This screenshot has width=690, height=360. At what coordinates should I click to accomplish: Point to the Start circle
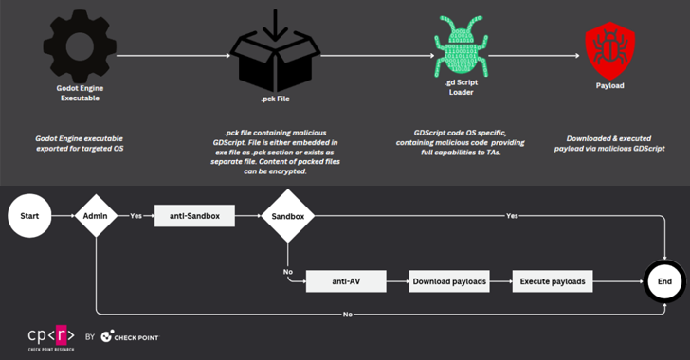(x=30, y=216)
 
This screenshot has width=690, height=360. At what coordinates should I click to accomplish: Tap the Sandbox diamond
(x=287, y=216)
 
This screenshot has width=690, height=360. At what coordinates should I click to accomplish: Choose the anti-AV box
(x=346, y=281)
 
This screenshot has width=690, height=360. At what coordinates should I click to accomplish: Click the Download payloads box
(x=448, y=281)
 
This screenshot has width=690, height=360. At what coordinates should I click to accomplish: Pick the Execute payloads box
(x=551, y=281)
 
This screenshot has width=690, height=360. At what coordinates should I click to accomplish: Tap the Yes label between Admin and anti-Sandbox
(x=136, y=215)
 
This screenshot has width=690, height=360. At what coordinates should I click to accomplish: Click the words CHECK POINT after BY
(x=138, y=336)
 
